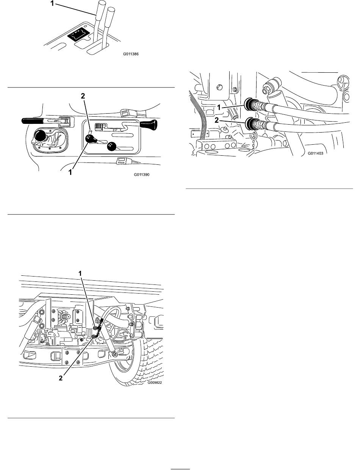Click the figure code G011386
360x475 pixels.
(x=131, y=54)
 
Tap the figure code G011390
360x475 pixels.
(x=142, y=175)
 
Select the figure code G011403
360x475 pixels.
(x=315, y=153)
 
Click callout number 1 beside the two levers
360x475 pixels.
(x=52, y=3)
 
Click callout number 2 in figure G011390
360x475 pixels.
(x=83, y=96)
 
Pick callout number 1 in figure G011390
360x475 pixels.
(x=70, y=172)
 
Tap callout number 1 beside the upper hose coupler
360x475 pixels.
(x=219, y=107)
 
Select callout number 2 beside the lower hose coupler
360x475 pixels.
(x=216, y=120)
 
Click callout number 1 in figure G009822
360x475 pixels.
(x=80, y=274)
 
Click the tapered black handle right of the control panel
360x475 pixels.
(x=149, y=124)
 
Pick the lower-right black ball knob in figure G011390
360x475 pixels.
(x=112, y=147)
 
